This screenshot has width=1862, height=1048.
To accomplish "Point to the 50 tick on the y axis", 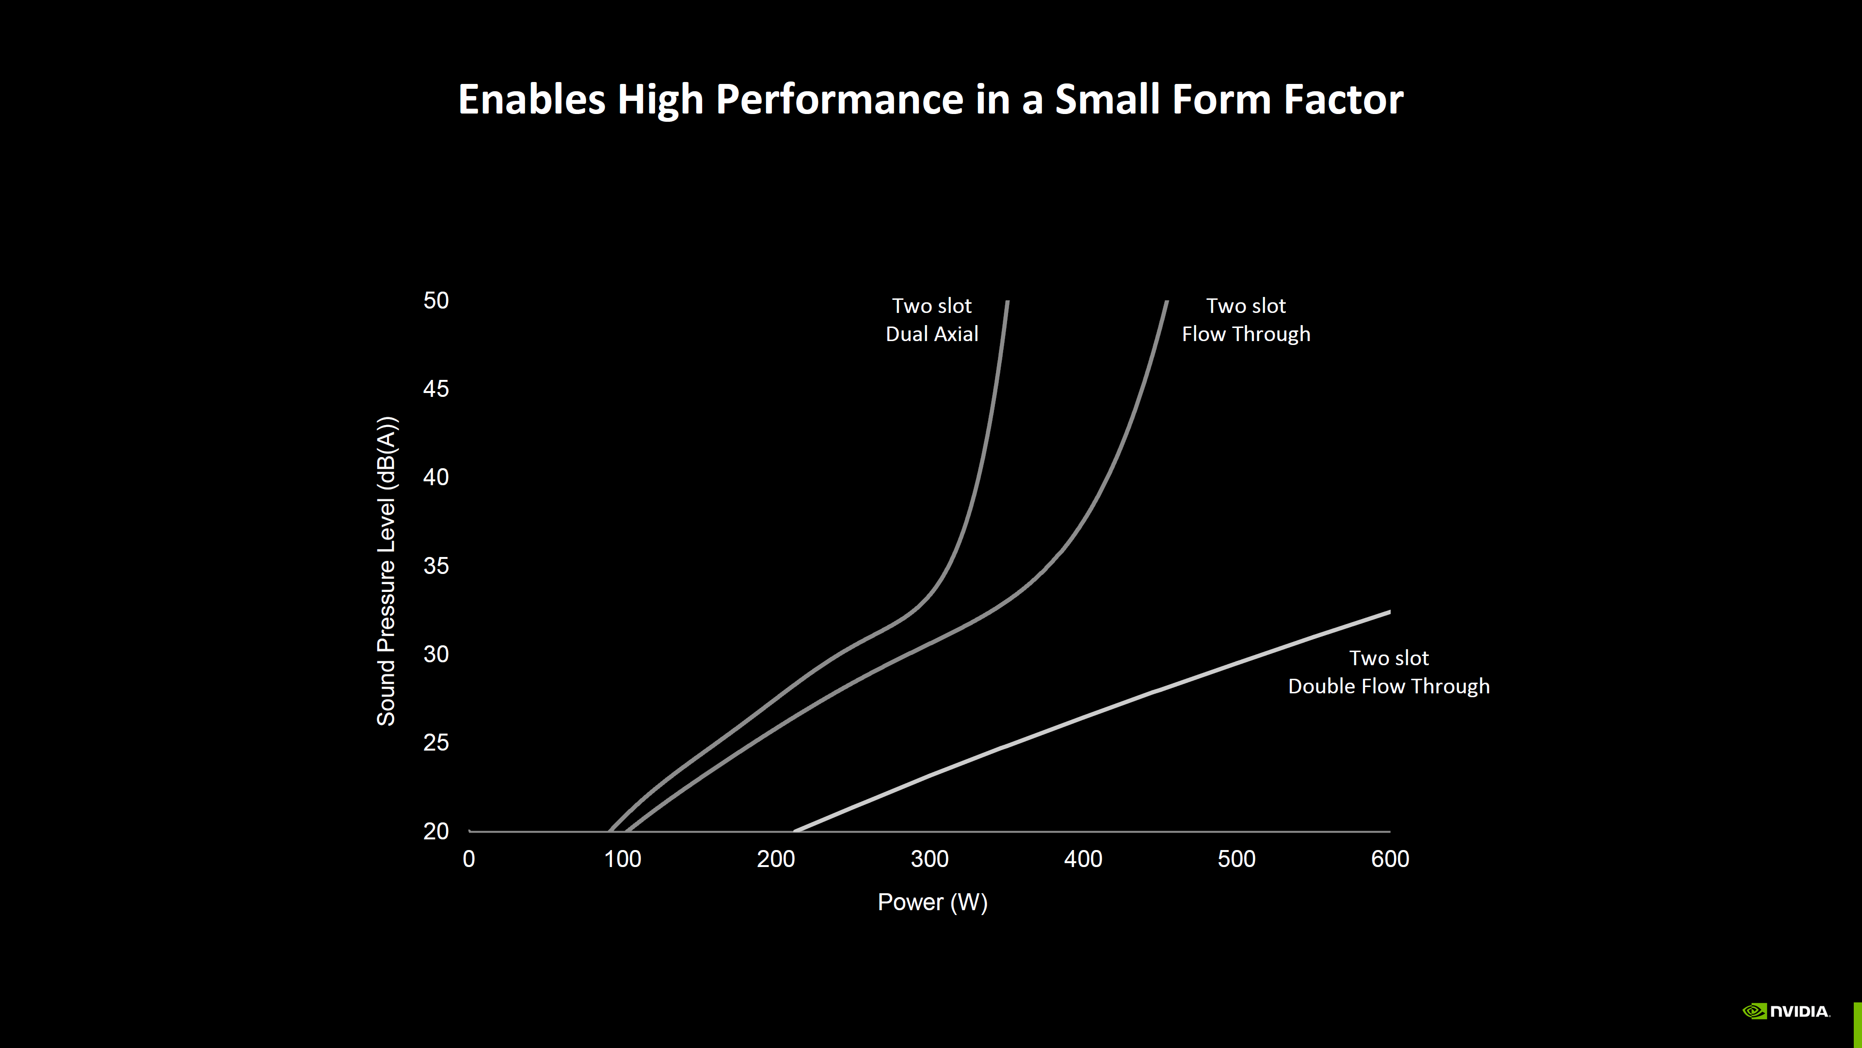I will [x=436, y=301].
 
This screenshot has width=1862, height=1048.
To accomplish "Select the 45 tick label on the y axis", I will [x=436, y=389].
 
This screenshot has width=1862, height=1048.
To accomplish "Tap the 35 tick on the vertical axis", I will [x=436, y=566].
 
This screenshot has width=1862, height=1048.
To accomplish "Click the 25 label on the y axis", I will [x=436, y=743].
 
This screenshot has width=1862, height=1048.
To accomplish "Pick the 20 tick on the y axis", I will [x=436, y=831].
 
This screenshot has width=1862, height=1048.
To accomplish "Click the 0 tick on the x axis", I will [x=469, y=859].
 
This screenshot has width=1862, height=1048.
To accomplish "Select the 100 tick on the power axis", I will [x=622, y=859].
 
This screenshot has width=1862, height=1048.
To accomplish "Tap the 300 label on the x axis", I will [x=930, y=859].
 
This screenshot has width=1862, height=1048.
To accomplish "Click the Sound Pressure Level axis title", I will [x=387, y=572].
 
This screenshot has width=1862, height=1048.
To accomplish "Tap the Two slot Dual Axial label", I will [x=931, y=320].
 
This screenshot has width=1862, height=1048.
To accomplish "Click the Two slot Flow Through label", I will [x=1245, y=320].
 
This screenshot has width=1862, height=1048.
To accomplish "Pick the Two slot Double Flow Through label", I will [x=1389, y=672].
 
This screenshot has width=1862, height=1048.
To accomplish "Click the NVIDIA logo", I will [x=1786, y=1011].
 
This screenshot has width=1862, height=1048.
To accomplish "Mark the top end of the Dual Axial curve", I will [x=1008, y=302].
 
